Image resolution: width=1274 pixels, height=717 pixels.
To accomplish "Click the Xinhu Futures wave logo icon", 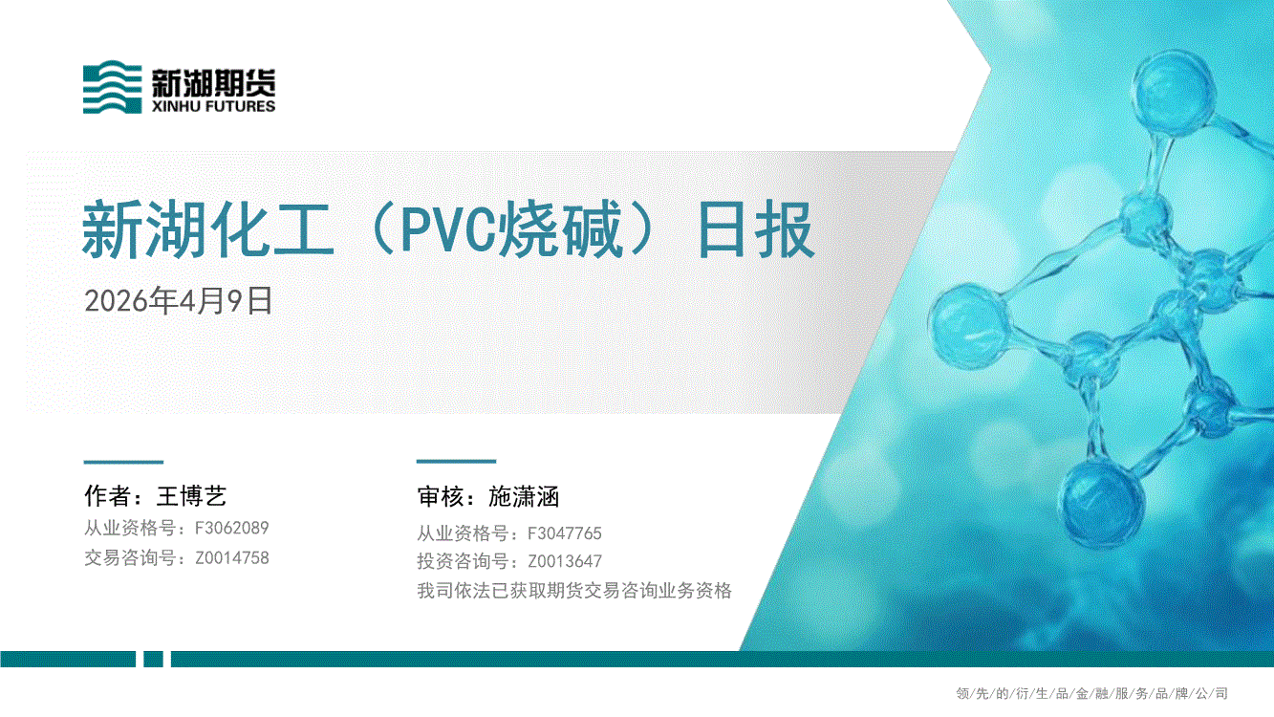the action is pyautogui.click(x=112, y=86).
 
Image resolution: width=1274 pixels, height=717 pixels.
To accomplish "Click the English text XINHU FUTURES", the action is pyautogui.click(x=213, y=106).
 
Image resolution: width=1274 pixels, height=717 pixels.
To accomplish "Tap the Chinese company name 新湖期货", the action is pyautogui.click(x=213, y=82).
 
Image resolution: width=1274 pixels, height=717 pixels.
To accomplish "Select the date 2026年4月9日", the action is pyautogui.click(x=179, y=300).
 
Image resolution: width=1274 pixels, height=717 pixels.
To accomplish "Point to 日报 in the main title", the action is pyautogui.click(x=756, y=229).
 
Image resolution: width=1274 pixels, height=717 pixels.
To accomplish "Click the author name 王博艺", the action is pyautogui.click(x=192, y=496).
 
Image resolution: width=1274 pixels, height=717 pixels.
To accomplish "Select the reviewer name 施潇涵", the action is pyautogui.click(x=524, y=497).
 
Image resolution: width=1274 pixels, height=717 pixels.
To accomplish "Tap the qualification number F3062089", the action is pyautogui.click(x=231, y=528).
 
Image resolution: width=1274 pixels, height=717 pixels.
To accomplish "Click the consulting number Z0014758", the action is pyautogui.click(x=231, y=557).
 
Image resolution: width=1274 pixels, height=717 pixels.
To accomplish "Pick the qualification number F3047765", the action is pyautogui.click(x=564, y=533).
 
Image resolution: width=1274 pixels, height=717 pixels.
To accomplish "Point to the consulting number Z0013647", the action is pyautogui.click(x=564, y=562).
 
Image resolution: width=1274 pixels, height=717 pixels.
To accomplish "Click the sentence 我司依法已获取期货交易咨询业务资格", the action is pyautogui.click(x=574, y=591).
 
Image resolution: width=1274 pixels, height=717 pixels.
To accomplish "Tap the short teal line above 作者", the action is pyautogui.click(x=123, y=462).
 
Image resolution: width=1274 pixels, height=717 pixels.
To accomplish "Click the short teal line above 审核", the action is pyautogui.click(x=456, y=462).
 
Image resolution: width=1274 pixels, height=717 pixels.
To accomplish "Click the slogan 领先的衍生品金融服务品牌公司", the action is pyautogui.click(x=1092, y=693).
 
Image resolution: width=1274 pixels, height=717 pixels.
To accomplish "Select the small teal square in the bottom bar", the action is pyautogui.click(x=154, y=659).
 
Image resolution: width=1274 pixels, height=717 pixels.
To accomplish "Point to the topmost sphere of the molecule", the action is pyautogui.click(x=1173, y=92).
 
